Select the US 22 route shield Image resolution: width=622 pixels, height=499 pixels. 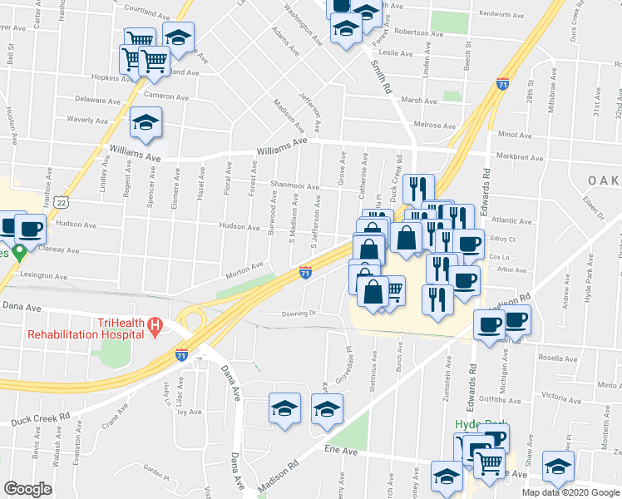coord(62,202)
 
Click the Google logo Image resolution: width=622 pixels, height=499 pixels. coord(27,488)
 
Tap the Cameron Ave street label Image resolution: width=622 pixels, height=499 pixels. coord(166,97)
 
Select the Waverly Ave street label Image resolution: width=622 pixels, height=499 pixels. coord(87,120)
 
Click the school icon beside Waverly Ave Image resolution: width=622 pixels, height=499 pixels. coord(146,123)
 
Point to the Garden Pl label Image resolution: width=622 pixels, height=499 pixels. coord(155,468)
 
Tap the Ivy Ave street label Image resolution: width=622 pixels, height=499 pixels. coord(190,412)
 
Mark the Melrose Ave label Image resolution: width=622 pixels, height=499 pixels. coord(438,126)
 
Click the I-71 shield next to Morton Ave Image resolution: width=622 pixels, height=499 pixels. coord(305,272)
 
